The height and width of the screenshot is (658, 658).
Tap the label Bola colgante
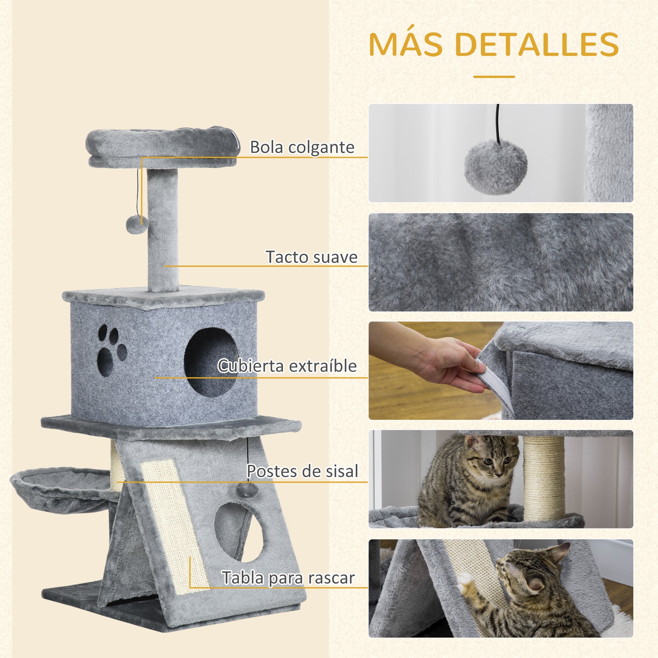point(302,147)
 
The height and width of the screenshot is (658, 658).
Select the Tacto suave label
point(311,257)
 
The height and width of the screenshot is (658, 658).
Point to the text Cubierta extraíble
point(287,366)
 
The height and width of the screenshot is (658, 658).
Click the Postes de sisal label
point(302,471)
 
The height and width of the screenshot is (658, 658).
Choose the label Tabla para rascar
point(288,578)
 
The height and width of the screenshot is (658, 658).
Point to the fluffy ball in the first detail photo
point(496,167)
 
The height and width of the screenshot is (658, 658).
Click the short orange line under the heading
point(494,77)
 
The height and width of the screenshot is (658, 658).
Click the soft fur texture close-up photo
point(501,262)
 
